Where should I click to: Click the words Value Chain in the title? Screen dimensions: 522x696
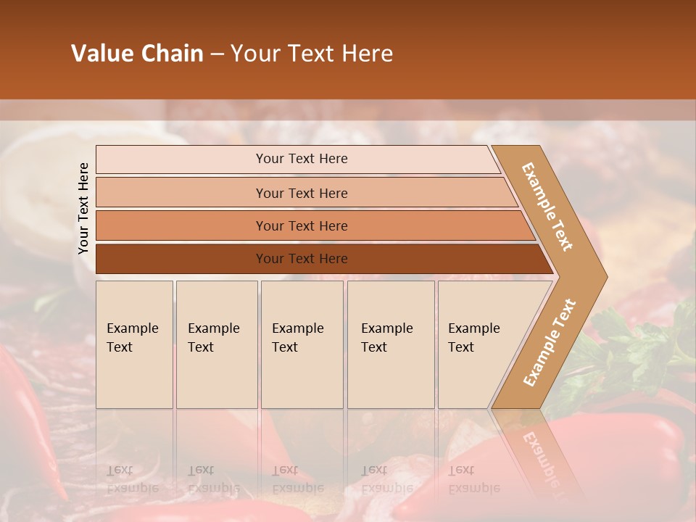[137, 54]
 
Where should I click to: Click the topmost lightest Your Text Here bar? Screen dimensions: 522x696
[301, 159]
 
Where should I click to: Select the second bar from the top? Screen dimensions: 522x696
[301, 193]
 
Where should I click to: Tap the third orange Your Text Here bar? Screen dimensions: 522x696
[301, 225]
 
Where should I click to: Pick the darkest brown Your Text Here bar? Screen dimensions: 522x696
[301, 259]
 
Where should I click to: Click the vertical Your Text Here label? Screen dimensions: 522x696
[84, 208]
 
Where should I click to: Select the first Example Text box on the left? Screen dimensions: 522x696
[134, 344]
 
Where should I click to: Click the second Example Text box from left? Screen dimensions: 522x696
[216, 344]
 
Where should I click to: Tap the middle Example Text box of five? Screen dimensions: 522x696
[302, 344]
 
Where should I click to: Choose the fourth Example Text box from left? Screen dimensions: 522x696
[390, 344]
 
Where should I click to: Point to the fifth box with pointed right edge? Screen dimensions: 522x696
[478, 344]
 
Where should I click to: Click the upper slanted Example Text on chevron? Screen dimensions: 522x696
[547, 207]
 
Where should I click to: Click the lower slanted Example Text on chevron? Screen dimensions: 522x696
[549, 342]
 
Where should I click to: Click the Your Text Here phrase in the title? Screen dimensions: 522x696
[312, 54]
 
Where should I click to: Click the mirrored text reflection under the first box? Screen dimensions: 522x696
[132, 479]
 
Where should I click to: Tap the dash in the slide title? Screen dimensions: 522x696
[217, 54]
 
